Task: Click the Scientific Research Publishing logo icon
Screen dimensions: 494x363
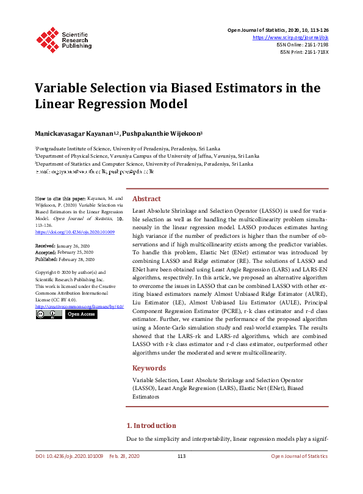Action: click(x=48, y=38)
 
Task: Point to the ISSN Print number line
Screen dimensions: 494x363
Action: click(x=304, y=52)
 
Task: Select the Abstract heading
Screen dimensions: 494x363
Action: click(x=146, y=199)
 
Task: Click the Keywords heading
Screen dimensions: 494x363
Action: click(x=149, y=368)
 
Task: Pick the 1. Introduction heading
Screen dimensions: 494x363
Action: click(x=151, y=426)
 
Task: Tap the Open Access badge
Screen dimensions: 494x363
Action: click(x=81, y=314)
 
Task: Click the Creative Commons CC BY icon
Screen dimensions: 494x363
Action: click(x=48, y=314)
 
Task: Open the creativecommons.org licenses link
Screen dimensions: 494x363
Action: click(x=79, y=306)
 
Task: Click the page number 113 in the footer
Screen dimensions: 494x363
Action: click(x=181, y=457)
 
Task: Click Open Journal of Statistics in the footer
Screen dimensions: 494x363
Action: click(x=299, y=457)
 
